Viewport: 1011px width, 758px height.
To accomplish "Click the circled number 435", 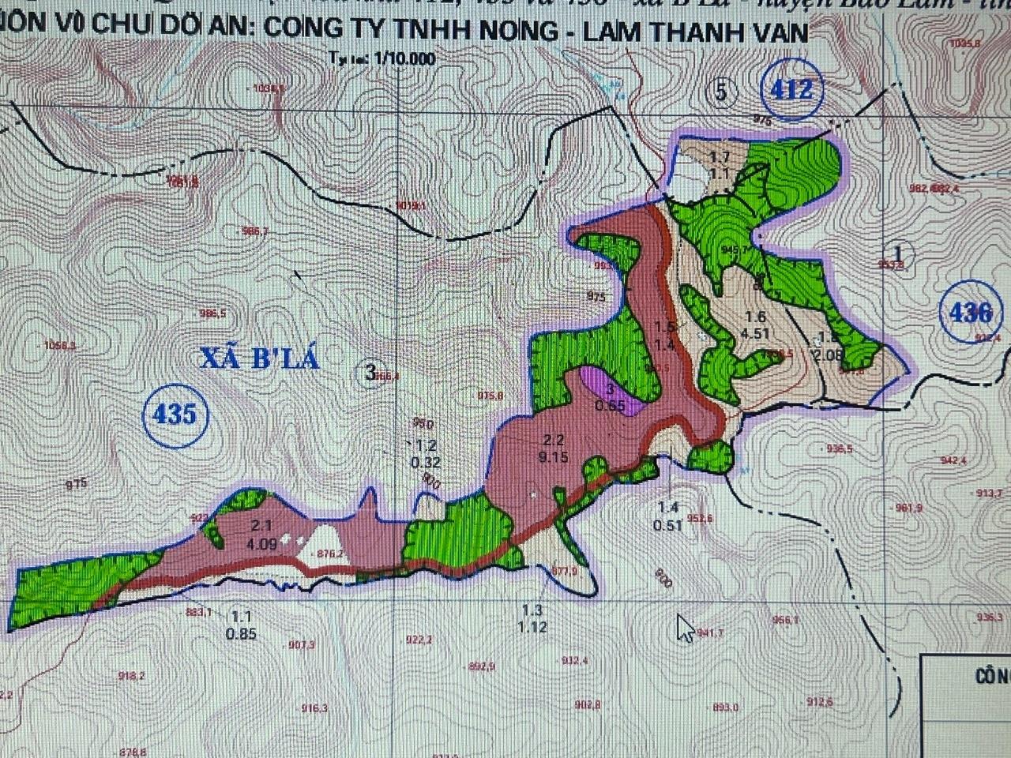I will [175, 412].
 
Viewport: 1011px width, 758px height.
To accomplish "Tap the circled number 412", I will [793, 90].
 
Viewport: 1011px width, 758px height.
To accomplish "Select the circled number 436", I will [971, 313].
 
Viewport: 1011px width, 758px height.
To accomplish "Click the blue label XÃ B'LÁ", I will [259, 359].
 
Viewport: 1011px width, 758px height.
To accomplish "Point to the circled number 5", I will [720, 92].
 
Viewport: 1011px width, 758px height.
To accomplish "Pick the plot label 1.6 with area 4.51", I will [754, 325].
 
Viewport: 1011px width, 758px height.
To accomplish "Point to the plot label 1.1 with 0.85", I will [240, 625].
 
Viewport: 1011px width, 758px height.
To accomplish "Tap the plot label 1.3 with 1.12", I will [534, 618].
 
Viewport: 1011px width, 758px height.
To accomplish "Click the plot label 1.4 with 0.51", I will [668, 515].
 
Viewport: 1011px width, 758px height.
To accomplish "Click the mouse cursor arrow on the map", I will [684, 629].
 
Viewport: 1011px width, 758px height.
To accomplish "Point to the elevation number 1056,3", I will [61, 345].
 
